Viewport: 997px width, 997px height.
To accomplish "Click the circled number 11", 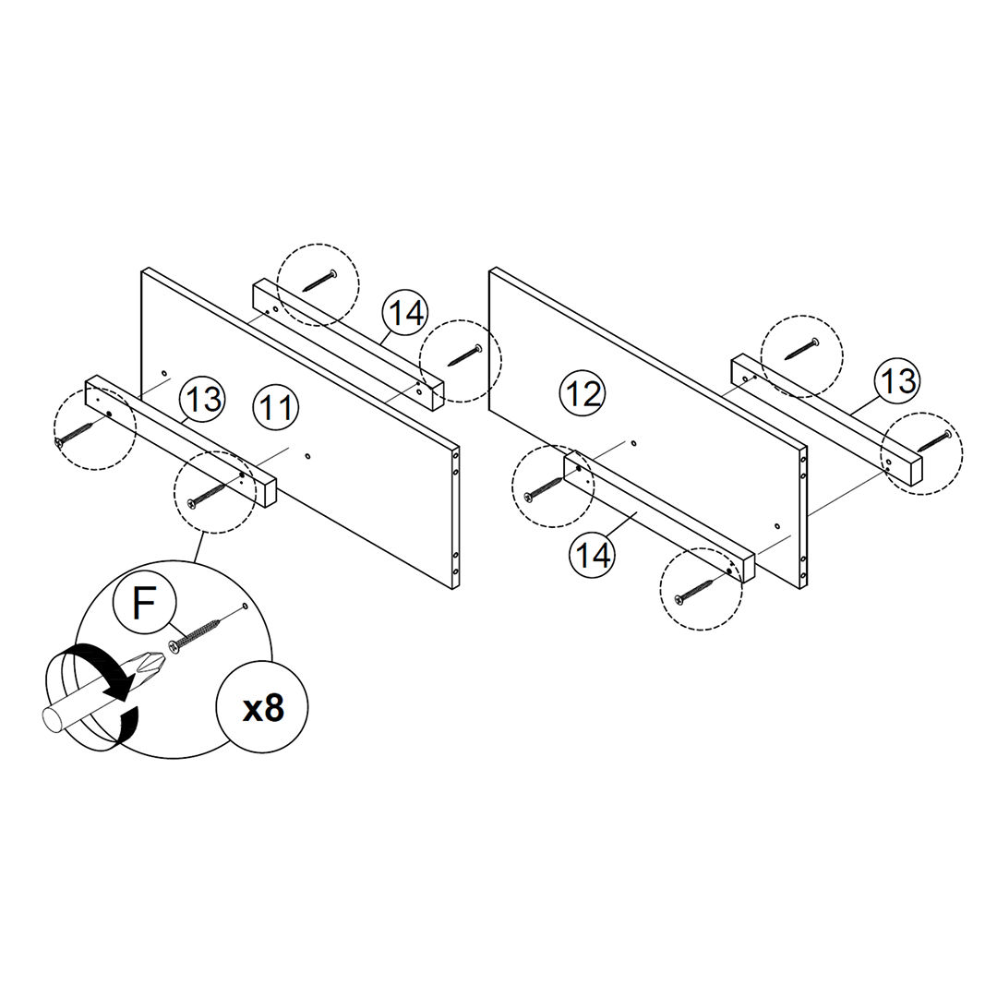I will coord(275,407).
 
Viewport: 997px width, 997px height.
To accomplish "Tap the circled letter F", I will coord(144,604).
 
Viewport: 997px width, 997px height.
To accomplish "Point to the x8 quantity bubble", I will coord(262,708).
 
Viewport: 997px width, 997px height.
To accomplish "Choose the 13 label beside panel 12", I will coord(897,380).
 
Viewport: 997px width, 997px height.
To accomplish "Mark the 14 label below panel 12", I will coord(594,555).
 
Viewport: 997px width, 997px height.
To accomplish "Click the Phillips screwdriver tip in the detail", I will coord(147,665).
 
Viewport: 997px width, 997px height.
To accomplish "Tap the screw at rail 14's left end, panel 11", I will coord(318,280).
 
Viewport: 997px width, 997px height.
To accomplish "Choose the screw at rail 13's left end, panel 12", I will coord(800,351).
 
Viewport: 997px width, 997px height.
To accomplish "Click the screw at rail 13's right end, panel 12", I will coord(933,439).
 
